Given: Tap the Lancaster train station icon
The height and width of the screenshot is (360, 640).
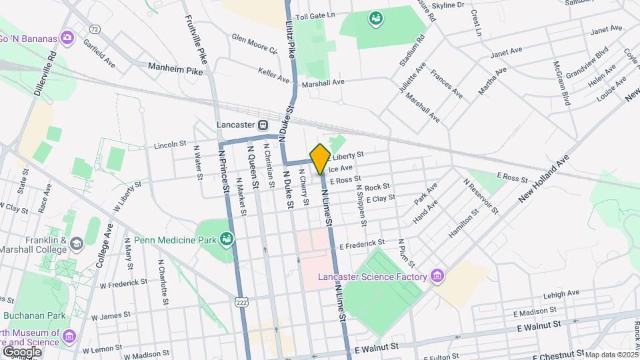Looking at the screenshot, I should pos(263,125).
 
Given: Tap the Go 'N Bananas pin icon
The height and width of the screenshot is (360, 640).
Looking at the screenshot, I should pos(67,37).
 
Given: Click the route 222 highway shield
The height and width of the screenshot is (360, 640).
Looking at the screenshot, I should pos(241,303).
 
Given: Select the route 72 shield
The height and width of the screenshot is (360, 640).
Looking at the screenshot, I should pos(95,29).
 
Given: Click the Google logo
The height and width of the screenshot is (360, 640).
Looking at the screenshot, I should pos(21,351).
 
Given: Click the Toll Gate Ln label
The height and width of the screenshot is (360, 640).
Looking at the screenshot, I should pos(315,15).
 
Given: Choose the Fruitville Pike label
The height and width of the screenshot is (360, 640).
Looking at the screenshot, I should pos(197,40).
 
